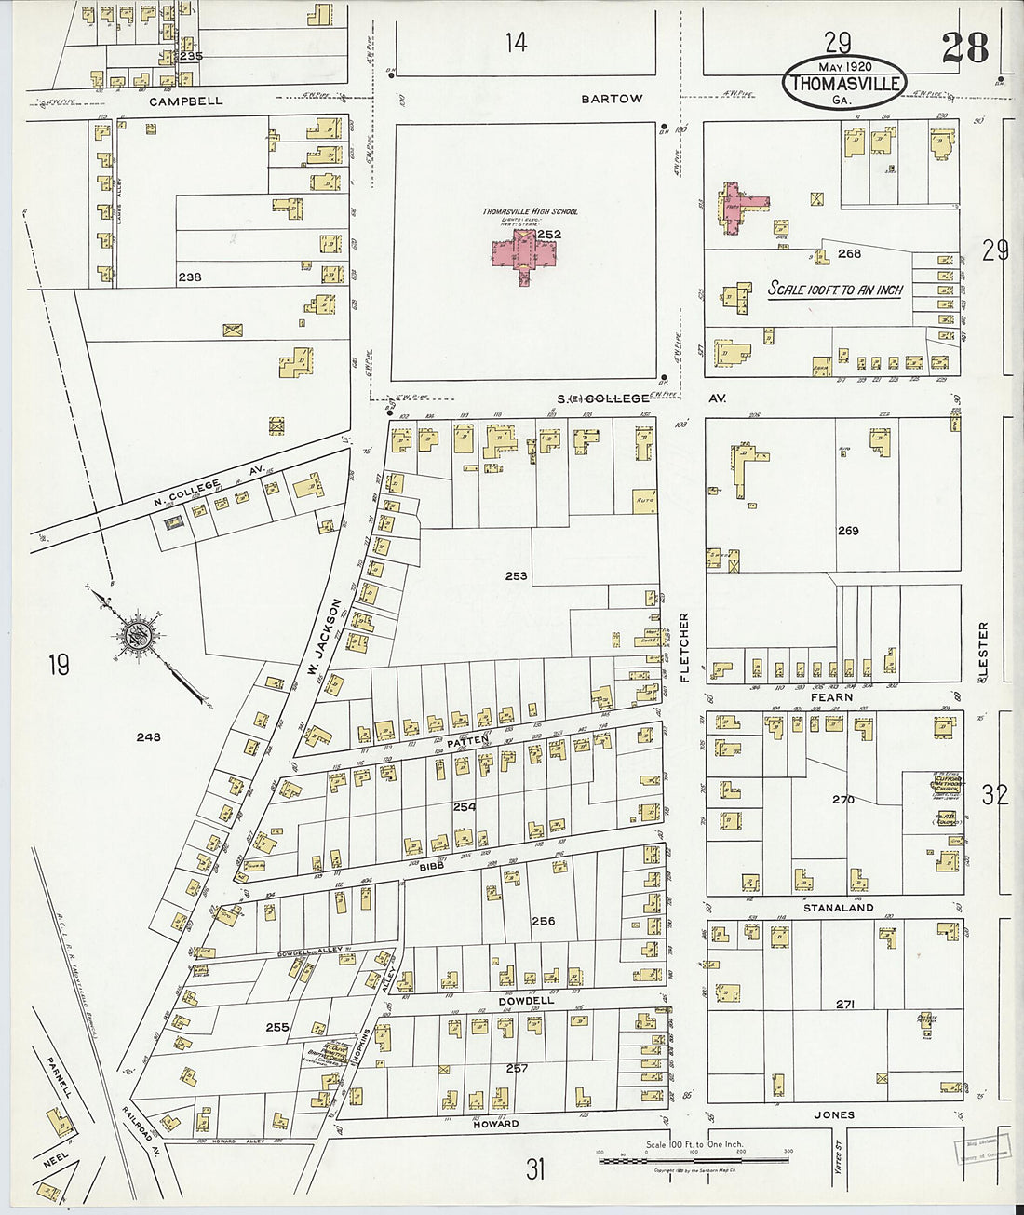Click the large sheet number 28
point(963,47)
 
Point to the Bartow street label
point(612,99)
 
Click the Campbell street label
point(186,101)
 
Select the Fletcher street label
point(684,648)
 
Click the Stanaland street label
point(839,907)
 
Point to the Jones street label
point(833,1114)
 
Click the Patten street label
point(467,741)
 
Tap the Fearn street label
point(831,696)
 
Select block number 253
point(516,576)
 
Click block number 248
point(148,737)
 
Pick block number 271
point(844,1005)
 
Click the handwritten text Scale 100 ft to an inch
point(835,290)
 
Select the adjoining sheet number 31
point(534,1168)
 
